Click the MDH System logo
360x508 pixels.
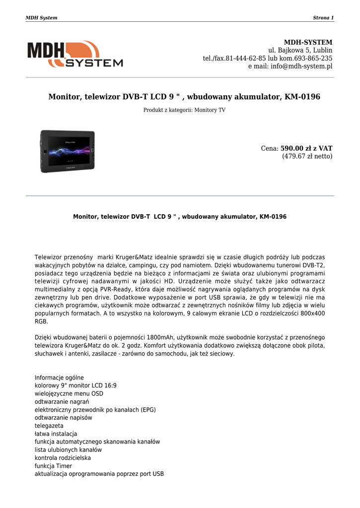click(75, 54)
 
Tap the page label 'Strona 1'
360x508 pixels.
click(323, 18)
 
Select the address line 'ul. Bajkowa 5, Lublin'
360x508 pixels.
click(300, 50)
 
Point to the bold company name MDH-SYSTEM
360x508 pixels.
click(308, 42)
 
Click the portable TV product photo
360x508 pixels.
click(68, 151)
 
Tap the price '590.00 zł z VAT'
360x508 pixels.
click(306, 148)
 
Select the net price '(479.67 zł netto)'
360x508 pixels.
click(307, 156)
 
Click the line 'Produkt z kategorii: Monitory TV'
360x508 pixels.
click(184, 110)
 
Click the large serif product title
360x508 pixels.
click(184, 97)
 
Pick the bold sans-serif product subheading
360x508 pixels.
click(180, 217)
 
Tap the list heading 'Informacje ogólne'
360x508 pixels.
click(59, 377)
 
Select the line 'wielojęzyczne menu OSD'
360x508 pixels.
click(69, 393)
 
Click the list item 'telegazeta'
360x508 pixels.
click(49, 426)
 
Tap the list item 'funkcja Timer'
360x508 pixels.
click(53, 466)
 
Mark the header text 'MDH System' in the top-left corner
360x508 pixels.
click(41, 18)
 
